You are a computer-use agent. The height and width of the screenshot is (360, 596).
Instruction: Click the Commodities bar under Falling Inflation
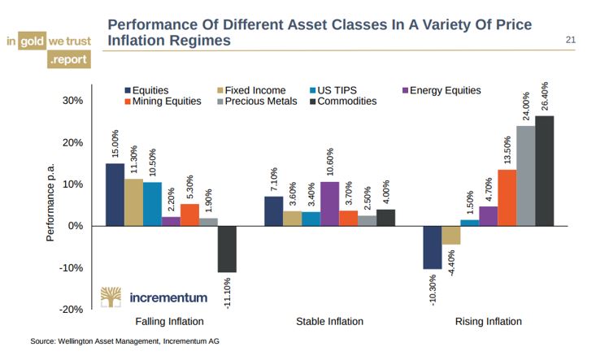(227, 249)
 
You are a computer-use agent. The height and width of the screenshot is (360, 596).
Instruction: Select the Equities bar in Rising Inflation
(431, 247)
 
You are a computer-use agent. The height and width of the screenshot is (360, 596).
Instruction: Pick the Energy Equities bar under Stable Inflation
(329, 203)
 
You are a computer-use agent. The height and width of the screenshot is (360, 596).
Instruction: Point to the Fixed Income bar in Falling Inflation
(133, 202)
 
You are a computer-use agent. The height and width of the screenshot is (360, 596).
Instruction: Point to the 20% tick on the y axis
(73, 142)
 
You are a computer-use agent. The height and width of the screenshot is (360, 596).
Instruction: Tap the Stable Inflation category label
(329, 322)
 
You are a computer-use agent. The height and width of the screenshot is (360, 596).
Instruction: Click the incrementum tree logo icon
(111, 297)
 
